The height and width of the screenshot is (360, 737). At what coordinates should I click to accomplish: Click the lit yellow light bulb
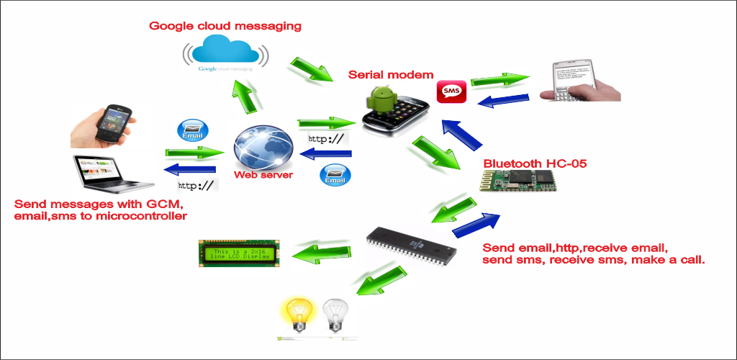298,315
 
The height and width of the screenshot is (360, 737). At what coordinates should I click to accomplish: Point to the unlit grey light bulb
335,315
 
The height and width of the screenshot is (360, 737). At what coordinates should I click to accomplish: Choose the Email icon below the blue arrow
335,176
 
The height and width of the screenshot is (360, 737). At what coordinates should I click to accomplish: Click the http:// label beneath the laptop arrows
196,186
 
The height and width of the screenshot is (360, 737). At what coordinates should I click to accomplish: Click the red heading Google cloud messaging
225,26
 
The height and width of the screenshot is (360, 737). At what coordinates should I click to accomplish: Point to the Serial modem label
391,75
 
